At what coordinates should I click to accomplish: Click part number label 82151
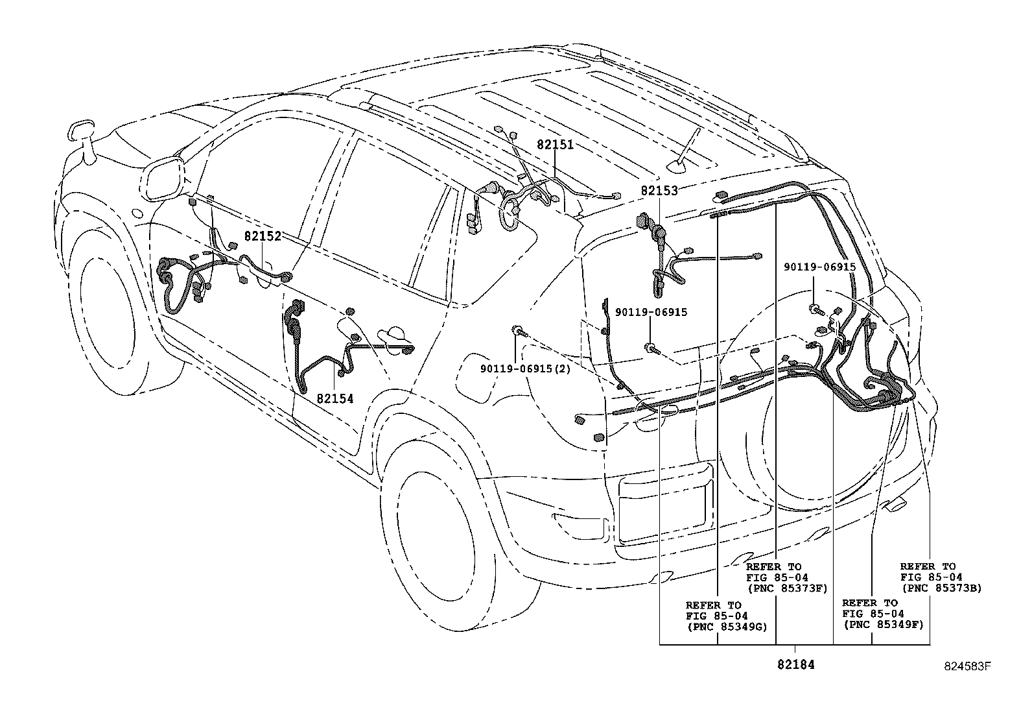[555, 145]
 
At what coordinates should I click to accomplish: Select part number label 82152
[263, 237]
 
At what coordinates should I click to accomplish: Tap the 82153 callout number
[659, 191]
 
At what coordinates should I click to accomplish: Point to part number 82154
[335, 398]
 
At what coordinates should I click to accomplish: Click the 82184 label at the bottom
[795, 664]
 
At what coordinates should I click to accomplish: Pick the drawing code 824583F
[968, 666]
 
